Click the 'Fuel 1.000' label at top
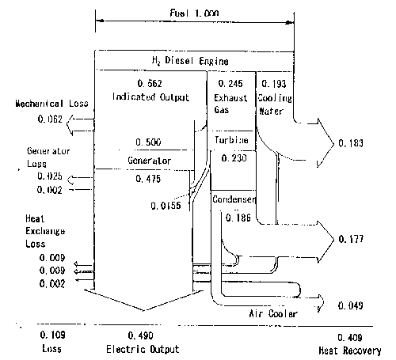tap(194, 13)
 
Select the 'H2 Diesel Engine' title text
tap(190, 61)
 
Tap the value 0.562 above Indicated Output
tap(150, 84)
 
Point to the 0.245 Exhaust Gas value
tap(230, 84)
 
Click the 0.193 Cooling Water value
tap(274, 84)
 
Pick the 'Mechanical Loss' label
tap(51, 104)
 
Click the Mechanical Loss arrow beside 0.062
tap(80, 125)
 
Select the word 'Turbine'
tap(231, 140)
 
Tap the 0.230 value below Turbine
tap(234, 158)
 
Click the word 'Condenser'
tap(234, 199)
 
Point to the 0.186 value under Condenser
tap(238, 218)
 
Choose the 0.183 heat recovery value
tap(351, 143)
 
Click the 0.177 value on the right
tap(351, 239)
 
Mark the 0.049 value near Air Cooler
tap(351, 305)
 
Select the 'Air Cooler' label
tap(273, 313)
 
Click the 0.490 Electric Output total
tap(140, 335)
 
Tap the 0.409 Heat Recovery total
tap(350, 338)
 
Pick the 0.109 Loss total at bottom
tap(52, 335)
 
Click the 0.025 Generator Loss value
tap(50, 176)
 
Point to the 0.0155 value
tap(166, 206)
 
